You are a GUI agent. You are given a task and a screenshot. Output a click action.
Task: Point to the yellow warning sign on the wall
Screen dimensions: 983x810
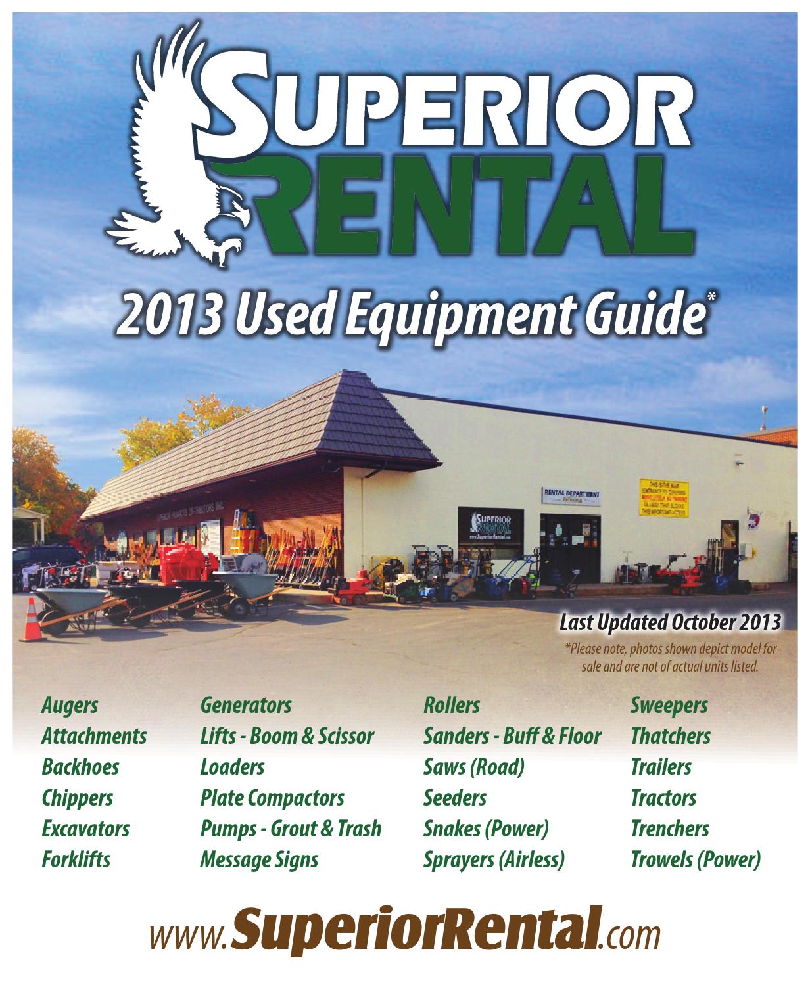tap(663, 498)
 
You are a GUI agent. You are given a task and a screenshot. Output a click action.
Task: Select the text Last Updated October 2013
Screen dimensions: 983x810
tap(670, 621)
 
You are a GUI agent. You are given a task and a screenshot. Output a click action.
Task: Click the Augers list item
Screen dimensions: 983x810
tap(70, 706)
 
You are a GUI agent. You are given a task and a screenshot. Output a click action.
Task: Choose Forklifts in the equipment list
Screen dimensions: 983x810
tap(76, 859)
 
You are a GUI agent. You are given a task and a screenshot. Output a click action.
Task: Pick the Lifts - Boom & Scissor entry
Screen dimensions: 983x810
tap(287, 736)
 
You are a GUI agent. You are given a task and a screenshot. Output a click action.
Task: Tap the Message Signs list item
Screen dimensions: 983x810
tap(259, 859)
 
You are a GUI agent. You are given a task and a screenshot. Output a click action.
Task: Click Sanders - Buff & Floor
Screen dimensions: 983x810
tap(512, 736)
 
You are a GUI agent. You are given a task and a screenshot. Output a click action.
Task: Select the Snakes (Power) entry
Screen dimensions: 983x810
tap(486, 829)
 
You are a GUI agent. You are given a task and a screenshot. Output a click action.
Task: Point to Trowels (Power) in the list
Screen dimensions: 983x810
tap(695, 859)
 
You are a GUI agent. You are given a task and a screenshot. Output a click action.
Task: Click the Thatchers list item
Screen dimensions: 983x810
tap(671, 736)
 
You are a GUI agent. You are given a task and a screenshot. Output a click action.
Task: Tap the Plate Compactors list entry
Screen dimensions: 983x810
tap(272, 798)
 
